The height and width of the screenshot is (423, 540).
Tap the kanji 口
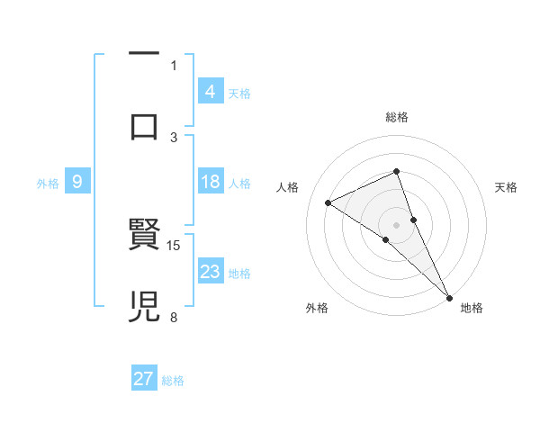[144, 126]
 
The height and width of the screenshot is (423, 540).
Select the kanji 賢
[144, 235]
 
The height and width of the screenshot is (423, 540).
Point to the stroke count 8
[174, 317]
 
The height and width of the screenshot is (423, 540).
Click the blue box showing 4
[210, 91]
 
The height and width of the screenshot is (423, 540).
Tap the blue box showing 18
[210, 182]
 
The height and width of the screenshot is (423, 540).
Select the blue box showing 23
[210, 272]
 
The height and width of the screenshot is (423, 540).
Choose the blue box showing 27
[144, 379]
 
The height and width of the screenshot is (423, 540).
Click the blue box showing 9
[77, 182]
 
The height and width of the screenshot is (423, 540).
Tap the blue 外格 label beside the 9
[48, 183]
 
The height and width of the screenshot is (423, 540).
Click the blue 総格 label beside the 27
[174, 380]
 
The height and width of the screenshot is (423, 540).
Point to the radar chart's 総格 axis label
[396, 117]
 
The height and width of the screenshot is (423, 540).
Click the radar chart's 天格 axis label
[506, 187]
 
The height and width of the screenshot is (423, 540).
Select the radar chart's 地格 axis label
[472, 308]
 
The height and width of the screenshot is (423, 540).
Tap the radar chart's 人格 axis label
[288, 187]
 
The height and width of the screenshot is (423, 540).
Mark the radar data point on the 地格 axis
[449, 297]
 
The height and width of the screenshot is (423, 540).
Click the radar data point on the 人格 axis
[328, 202]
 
